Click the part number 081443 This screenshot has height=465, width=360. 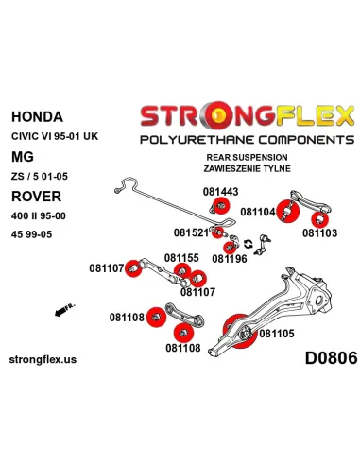(221, 191)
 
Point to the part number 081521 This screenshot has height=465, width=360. (193, 232)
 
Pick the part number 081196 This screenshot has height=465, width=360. (230, 257)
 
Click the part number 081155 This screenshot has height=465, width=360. (181, 257)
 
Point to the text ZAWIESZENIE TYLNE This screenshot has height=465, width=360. (246, 168)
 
